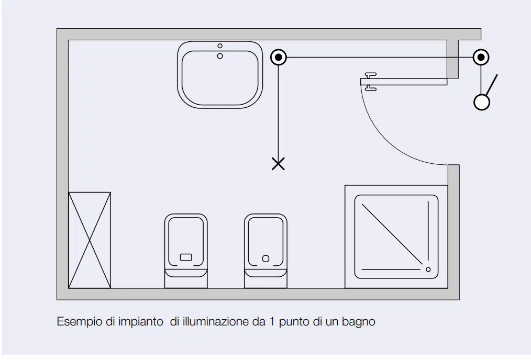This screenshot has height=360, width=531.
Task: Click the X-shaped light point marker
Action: pyautogui.click(x=278, y=164)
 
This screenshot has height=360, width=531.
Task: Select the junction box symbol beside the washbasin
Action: pyautogui.click(x=279, y=57)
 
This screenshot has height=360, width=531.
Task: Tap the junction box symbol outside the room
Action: pyautogui.click(x=481, y=57)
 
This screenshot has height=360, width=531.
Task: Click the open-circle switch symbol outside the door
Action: pyautogui.click(x=482, y=102)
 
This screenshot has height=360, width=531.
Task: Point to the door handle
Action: pyautogui.click(x=370, y=82)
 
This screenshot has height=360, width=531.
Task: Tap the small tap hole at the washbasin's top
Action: pyautogui.click(x=220, y=46)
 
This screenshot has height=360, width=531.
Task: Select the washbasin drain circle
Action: pyautogui.click(x=220, y=56)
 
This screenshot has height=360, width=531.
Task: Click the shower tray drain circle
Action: pyautogui.click(x=428, y=269)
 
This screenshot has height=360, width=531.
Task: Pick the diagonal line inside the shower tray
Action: pyautogui.click(x=392, y=234)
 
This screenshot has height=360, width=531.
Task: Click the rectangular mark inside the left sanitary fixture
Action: pyautogui.click(x=186, y=257)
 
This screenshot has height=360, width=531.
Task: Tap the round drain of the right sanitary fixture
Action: pyautogui.click(x=266, y=259)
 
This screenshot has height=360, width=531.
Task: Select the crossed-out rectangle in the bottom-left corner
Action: pyautogui.click(x=90, y=240)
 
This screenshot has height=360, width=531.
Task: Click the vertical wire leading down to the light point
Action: pyautogui.click(x=279, y=112)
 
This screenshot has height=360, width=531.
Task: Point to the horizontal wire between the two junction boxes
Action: pyautogui.click(x=380, y=57)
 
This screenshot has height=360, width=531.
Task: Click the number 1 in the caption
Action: pyautogui.click(x=272, y=321)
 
